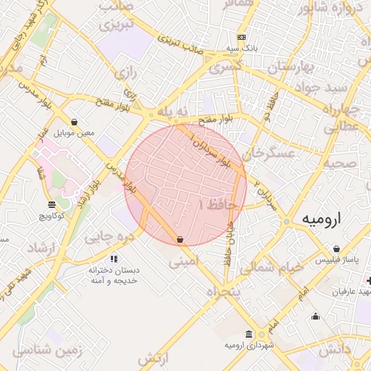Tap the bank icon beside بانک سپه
(241, 37)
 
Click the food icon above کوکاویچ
(51, 204)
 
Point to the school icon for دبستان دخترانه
(113, 258)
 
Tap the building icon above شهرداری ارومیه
(249, 334)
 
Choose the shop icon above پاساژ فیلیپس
(336, 249)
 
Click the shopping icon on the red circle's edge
(180, 239)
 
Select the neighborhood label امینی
(184, 264)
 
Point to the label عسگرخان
(270, 154)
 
